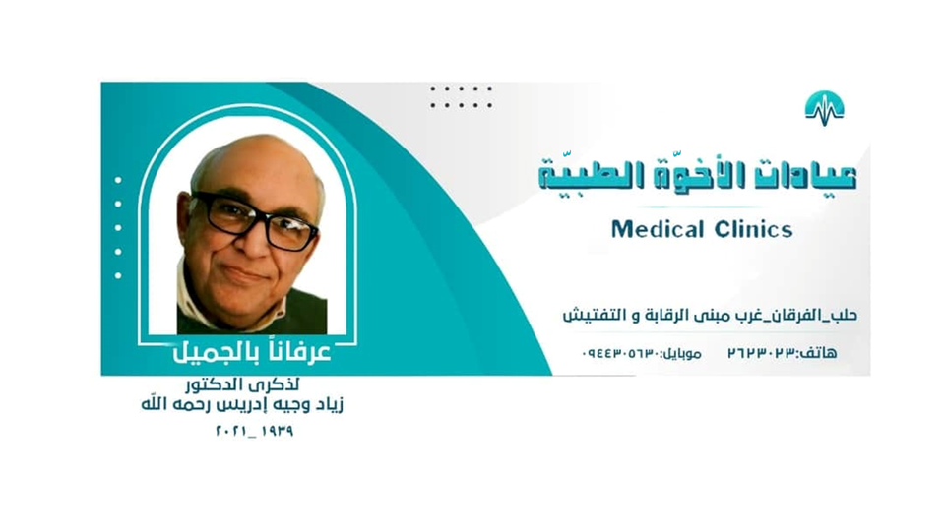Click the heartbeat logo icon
pyautogui.click(x=824, y=105)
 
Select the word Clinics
pyautogui.click(x=751, y=230)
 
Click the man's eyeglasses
pyautogui.click(x=254, y=221)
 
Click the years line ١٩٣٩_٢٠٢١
pyautogui.click(x=254, y=431)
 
